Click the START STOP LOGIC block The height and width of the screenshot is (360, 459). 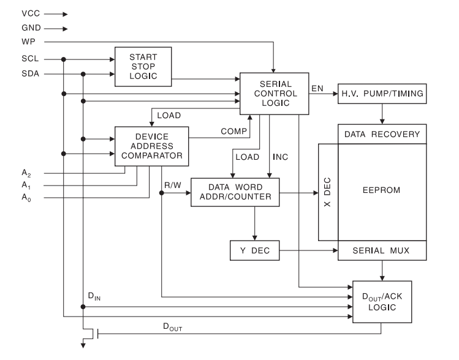(143, 67)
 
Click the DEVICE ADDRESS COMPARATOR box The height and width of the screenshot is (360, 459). (151, 146)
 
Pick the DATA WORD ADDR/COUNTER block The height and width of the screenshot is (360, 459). (235, 193)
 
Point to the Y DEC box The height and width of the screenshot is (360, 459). (254, 250)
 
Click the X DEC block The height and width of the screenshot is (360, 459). (328, 193)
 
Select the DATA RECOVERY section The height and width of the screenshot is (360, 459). (382, 134)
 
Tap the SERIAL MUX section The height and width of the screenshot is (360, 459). (382, 250)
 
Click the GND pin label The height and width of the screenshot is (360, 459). (30, 28)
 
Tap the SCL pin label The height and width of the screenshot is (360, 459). (29, 59)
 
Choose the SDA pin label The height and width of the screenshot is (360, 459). (29, 75)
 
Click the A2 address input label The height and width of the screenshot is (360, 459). (25, 173)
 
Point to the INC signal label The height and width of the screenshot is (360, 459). (281, 157)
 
